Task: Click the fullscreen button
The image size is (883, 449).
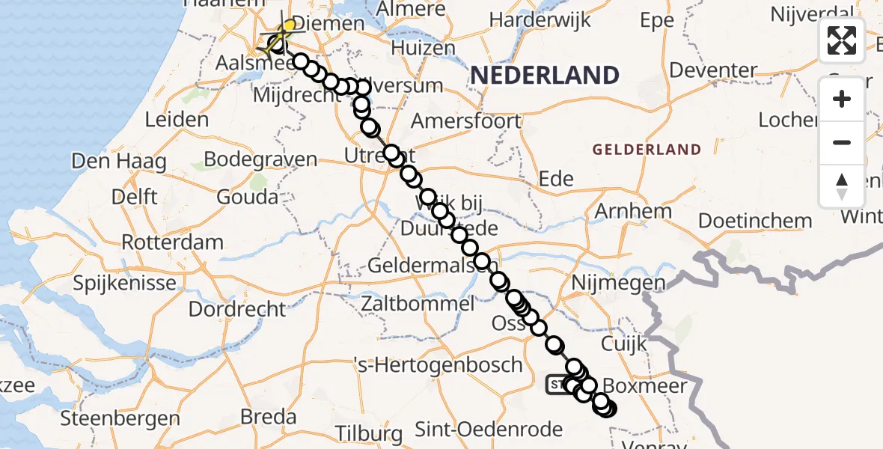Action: (842, 40)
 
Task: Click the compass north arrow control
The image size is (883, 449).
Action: (842, 186)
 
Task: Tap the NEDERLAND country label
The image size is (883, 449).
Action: (545, 76)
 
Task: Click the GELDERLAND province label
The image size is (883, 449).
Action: (647, 150)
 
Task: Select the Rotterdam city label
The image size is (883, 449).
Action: (172, 242)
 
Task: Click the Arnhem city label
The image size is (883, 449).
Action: (633, 211)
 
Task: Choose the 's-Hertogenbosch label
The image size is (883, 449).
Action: (439, 365)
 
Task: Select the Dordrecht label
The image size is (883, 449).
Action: (237, 308)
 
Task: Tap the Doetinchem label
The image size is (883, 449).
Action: (755, 221)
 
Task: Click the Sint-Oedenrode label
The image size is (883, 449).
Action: (488, 430)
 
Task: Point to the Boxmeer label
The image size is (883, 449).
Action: (635, 387)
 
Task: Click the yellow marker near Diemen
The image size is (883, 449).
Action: (289, 25)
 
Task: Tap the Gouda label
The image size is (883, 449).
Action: (248, 198)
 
